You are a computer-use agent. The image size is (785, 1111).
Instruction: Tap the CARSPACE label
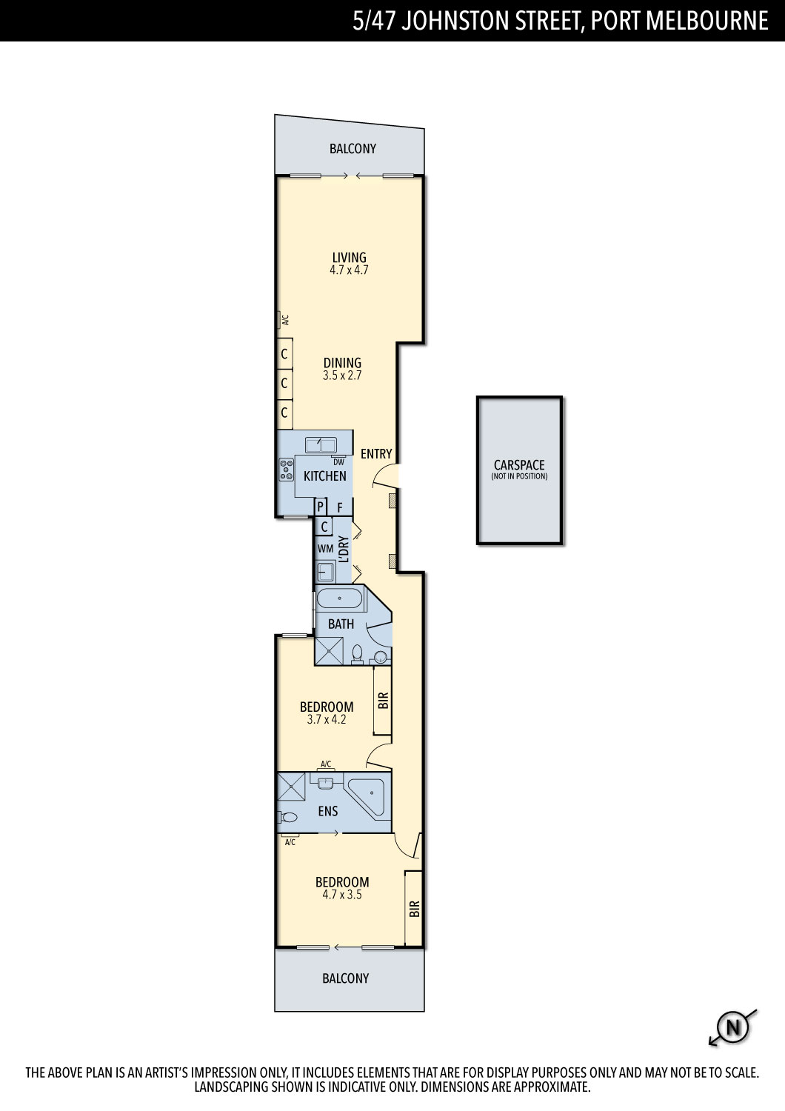point(519,464)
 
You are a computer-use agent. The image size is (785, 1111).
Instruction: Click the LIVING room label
point(349,258)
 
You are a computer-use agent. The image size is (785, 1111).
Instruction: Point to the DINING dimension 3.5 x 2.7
point(342,376)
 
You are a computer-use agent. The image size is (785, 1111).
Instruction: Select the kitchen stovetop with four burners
point(287,469)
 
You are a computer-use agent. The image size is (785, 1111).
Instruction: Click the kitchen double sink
point(321,445)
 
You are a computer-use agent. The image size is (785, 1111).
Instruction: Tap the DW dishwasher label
point(338,461)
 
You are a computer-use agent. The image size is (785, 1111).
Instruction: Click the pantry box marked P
point(321,507)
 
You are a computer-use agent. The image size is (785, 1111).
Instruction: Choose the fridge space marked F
point(340,507)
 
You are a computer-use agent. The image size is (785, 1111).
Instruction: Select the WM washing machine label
point(325,549)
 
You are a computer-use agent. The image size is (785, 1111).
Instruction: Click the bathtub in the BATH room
point(340,598)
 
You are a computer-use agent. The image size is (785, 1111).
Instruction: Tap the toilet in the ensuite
point(287,817)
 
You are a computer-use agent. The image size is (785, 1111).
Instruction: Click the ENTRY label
point(376,453)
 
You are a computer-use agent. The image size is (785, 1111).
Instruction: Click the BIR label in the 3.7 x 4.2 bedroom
point(384,701)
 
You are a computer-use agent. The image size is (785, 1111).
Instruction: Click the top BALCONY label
point(353,148)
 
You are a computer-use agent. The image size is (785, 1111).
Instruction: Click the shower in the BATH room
point(329,651)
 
